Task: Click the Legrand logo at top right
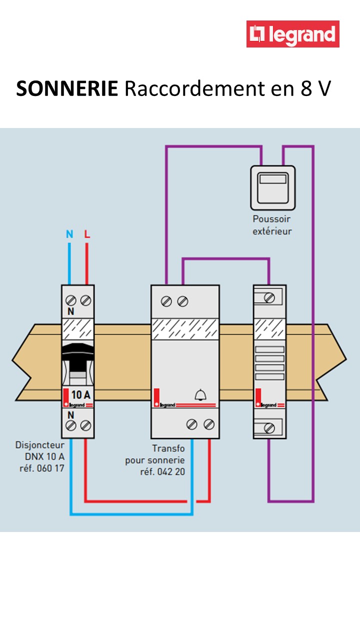[293, 34]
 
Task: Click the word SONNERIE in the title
[67, 89]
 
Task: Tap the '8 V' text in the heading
[315, 89]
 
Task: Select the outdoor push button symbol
[272, 187]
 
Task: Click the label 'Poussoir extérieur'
[271, 225]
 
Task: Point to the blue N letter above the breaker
[69, 234]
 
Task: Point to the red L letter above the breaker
[87, 234]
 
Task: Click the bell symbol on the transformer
[200, 395]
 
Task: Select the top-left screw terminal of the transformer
[167, 301]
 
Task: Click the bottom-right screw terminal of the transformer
[209, 424]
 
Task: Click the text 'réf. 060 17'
[43, 468]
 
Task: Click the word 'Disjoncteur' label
[39, 444]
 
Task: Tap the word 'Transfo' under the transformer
[168, 448]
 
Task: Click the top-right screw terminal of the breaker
[86, 300]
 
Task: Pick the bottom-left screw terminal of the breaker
[70, 425]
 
